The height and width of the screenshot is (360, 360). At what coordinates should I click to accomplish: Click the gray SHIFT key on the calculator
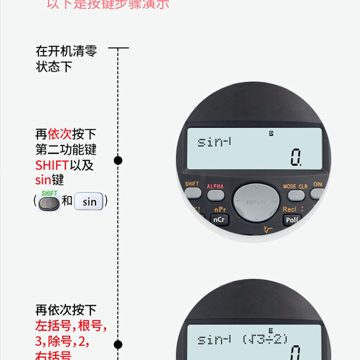tap(192, 193)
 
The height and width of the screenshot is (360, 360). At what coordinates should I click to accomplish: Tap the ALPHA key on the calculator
tap(216, 195)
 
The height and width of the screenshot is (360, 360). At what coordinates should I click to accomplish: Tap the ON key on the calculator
tap(317, 193)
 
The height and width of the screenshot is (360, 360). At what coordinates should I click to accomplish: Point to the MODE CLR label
tap(295, 186)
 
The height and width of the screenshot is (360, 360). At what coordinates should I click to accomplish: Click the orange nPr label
tap(220, 210)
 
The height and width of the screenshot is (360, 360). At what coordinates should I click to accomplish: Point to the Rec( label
tap(289, 210)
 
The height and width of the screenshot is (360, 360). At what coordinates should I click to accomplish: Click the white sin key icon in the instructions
tap(90, 202)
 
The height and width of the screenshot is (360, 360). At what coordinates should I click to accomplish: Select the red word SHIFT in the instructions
tap(52, 166)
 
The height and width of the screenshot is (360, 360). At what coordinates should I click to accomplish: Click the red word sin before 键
tap(43, 180)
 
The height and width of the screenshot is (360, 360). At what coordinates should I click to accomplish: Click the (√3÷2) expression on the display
tap(265, 339)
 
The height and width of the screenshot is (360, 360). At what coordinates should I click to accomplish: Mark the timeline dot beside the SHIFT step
tap(118, 160)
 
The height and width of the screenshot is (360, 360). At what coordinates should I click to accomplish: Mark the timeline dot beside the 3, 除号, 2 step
tap(118, 344)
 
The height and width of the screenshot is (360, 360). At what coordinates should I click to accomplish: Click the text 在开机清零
tap(66, 51)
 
